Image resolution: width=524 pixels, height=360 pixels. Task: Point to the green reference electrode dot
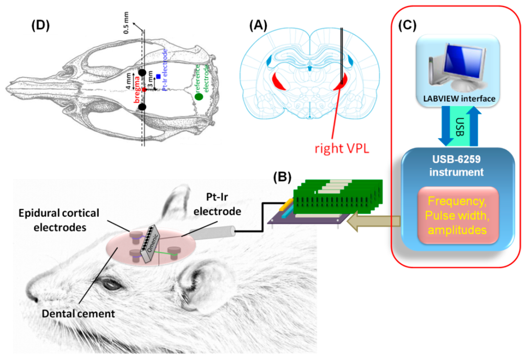point(199,96)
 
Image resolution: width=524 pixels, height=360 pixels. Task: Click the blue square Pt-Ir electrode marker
point(159,76)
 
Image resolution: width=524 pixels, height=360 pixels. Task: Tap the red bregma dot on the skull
point(144,89)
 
